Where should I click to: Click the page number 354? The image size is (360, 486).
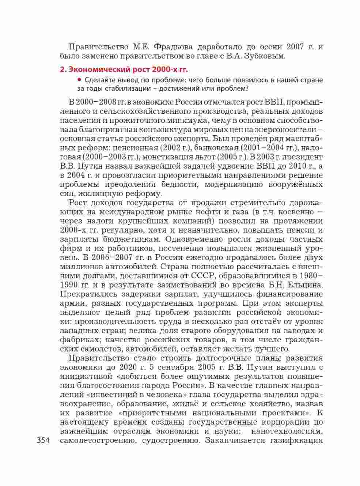click(x=43, y=440)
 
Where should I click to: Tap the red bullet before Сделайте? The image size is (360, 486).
click(x=79, y=80)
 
